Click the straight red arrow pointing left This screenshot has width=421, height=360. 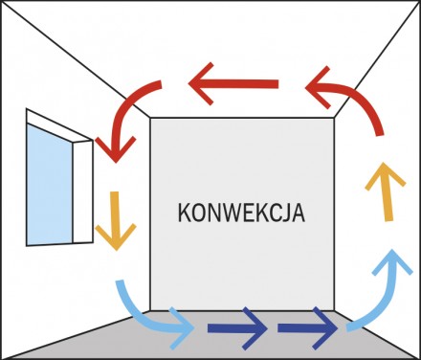[x=234, y=87]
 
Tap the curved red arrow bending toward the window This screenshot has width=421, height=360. [x=129, y=120]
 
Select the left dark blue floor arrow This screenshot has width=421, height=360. [x=235, y=330]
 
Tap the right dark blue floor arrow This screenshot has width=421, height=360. [x=308, y=330]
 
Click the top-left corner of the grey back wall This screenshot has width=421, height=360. [x=150, y=117]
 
